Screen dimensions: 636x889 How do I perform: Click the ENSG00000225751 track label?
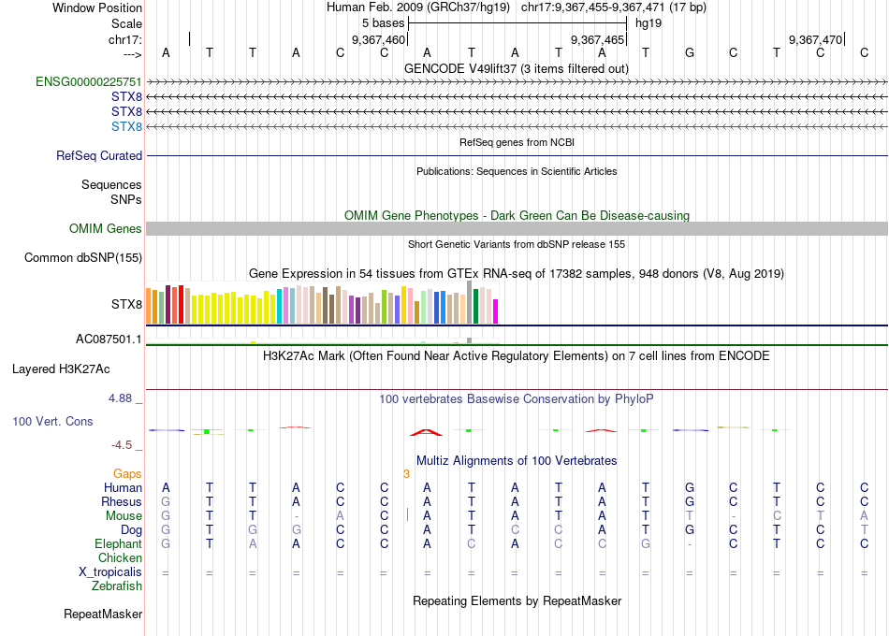[x=89, y=82]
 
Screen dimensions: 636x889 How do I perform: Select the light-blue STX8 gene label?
[x=126, y=126]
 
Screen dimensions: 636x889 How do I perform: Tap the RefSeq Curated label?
[x=99, y=156]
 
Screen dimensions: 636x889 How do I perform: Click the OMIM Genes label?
[x=106, y=229]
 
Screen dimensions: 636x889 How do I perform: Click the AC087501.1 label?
[x=109, y=340]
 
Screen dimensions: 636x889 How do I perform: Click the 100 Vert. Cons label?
[x=52, y=422]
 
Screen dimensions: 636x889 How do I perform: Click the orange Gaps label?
[x=127, y=474]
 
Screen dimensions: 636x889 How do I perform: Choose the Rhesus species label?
[x=122, y=502]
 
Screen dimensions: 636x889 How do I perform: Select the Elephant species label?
[x=118, y=544]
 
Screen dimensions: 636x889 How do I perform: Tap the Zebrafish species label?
[x=117, y=586]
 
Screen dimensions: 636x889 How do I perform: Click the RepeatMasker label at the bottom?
[x=103, y=614]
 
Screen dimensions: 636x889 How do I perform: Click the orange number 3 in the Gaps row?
[x=406, y=474]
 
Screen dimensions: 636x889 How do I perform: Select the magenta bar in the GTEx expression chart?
[x=496, y=311]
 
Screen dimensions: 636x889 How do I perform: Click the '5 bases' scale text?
[x=383, y=22]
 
